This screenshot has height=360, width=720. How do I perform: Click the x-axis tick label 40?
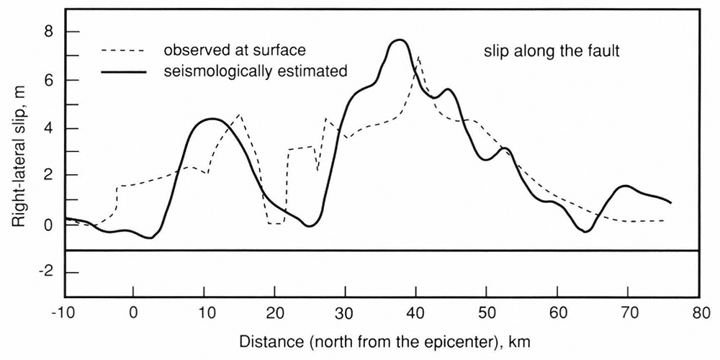[x=415, y=313]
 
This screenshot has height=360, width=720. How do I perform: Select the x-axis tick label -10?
[x=64, y=313]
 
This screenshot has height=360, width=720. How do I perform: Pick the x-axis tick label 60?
[x=557, y=313]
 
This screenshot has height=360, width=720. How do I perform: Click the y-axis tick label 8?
[x=48, y=32]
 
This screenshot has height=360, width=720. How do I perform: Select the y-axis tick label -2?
[x=46, y=273]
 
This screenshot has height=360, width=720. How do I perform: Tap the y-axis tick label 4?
[x=48, y=128]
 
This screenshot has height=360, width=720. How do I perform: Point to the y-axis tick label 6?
[x=48, y=80]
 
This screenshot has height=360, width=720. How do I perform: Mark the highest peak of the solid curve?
[x=400, y=40]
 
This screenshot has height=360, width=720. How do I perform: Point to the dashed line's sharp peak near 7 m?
[x=418, y=57]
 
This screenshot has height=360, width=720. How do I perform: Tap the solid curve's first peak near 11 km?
[x=211, y=119]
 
